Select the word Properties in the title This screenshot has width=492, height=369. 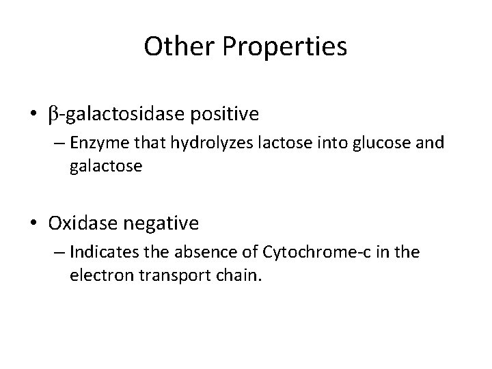[282, 47]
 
